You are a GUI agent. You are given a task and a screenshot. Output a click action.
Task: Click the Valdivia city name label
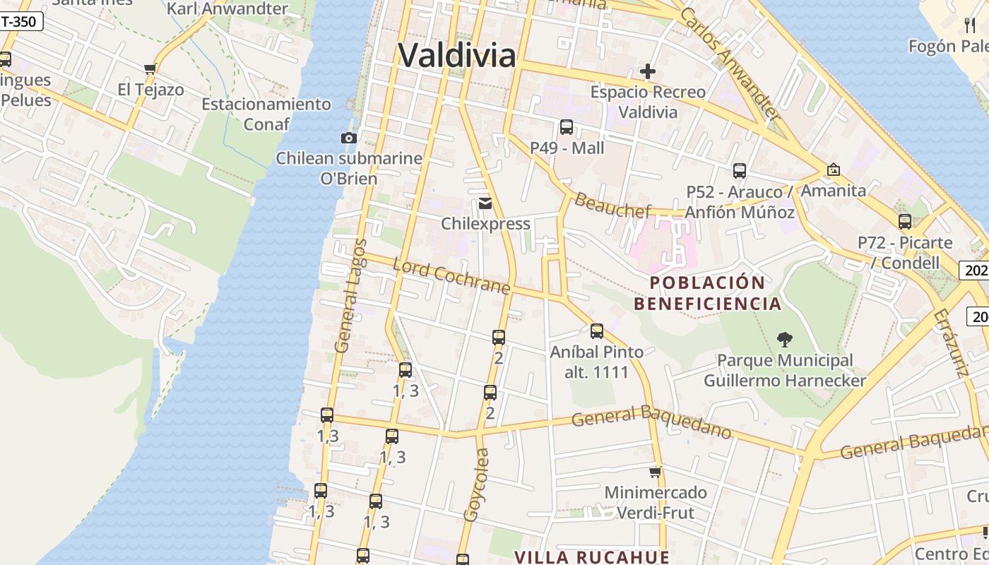click(456, 55)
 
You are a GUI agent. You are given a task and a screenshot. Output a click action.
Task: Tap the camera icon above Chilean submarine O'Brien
click(348, 138)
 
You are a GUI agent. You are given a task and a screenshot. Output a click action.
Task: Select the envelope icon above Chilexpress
click(485, 203)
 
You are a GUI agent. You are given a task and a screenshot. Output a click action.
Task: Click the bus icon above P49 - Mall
click(567, 127)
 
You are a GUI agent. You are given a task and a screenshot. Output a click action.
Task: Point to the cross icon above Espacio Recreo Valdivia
click(647, 71)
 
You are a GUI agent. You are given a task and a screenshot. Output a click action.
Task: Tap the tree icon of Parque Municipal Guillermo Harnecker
click(784, 340)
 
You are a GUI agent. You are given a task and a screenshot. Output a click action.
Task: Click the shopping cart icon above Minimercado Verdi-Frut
click(656, 471)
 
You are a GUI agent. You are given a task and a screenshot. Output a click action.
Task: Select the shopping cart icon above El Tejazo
click(150, 69)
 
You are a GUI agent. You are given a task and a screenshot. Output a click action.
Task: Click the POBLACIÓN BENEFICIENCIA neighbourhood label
click(707, 293)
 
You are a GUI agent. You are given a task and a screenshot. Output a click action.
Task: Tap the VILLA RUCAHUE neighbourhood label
click(591, 557)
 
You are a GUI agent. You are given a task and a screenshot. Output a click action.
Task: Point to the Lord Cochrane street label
click(451, 276)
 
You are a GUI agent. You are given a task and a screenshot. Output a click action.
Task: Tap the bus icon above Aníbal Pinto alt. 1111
click(597, 331)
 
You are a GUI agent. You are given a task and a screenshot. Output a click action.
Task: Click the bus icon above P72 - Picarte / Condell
click(905, 222)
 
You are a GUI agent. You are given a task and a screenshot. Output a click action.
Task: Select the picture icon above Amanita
click(834, 169)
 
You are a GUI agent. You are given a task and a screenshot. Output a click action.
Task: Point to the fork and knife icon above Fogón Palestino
click(970, 25)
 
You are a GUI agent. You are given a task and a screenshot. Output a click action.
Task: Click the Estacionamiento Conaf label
click(266, 114)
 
